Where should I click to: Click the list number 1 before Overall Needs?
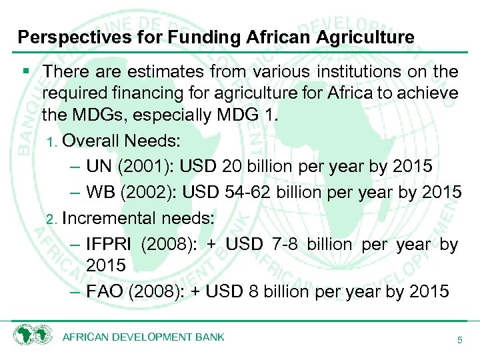click(x=55, y=142)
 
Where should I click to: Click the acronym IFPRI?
click(x=110, y=245)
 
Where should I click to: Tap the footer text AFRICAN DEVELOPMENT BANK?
click(x=143, y=337)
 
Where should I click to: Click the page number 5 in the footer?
click(x=459, y=340)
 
